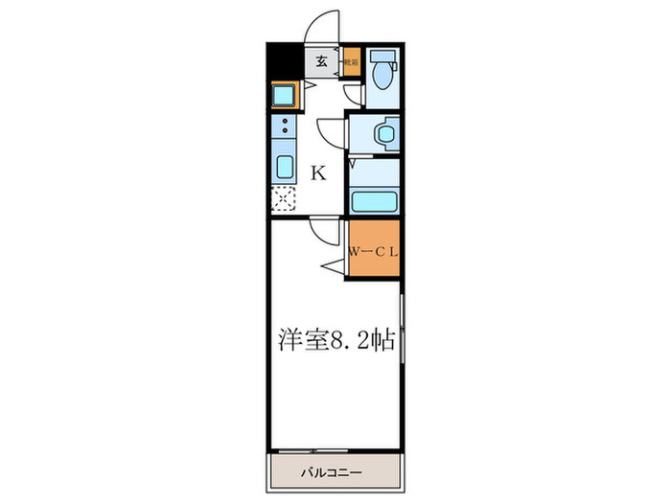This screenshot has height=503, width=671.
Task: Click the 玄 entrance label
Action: click(322, 62)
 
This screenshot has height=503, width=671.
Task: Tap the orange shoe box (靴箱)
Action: click(352, 62)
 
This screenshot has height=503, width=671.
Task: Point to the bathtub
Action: click(373, 201)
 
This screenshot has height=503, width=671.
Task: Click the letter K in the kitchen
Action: click(318, 173)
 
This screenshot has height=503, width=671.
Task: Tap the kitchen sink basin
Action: click(286, 166)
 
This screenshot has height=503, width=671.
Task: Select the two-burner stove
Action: click(286, 126)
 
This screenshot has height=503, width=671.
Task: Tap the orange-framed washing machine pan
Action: click(285, 95)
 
